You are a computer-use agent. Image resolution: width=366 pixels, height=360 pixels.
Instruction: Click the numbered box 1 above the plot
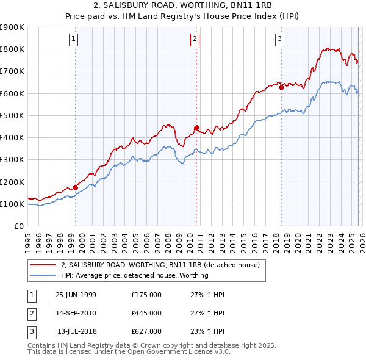coord(73,40)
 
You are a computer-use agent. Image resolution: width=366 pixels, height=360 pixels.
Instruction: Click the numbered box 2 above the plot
coord(195,40)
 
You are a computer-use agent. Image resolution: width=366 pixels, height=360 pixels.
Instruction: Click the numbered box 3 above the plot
coord(279,40)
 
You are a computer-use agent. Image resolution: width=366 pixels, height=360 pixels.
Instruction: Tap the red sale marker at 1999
coord(76,187)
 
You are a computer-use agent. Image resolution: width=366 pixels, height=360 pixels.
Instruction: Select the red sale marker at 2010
coord(196,128)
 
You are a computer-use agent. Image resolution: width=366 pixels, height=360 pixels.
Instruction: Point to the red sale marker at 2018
coord(281,87)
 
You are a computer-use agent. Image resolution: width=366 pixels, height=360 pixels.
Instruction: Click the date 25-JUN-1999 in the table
coord(76,295)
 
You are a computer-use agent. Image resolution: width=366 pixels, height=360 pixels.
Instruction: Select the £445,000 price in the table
coord(146,313)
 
